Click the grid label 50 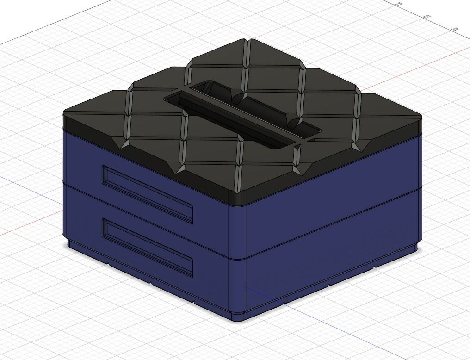[x=427, y=16]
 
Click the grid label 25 [x=455, y=29]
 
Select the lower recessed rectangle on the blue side [x=147, y=248]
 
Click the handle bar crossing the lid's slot [x=241, y=111]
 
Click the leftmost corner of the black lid [x=63, y=114]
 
